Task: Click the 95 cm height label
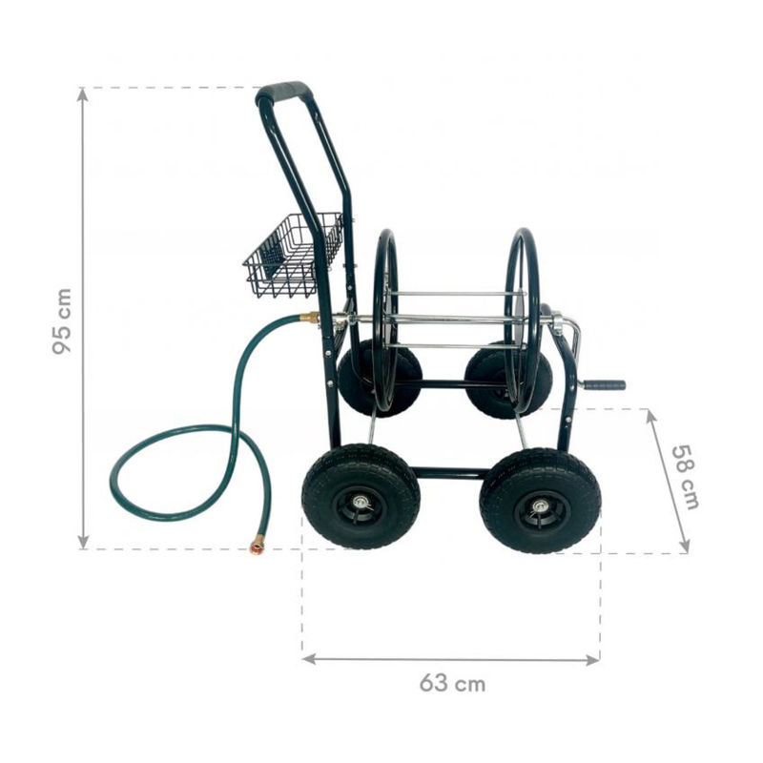point(62,321)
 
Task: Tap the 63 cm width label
point(452,683)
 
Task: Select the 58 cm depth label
point(686,478)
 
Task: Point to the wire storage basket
point(293,255)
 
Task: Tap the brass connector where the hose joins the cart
point(309,318)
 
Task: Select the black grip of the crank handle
point(604,385)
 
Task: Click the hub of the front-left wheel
point(361,502)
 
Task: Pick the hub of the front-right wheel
point(540,507)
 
